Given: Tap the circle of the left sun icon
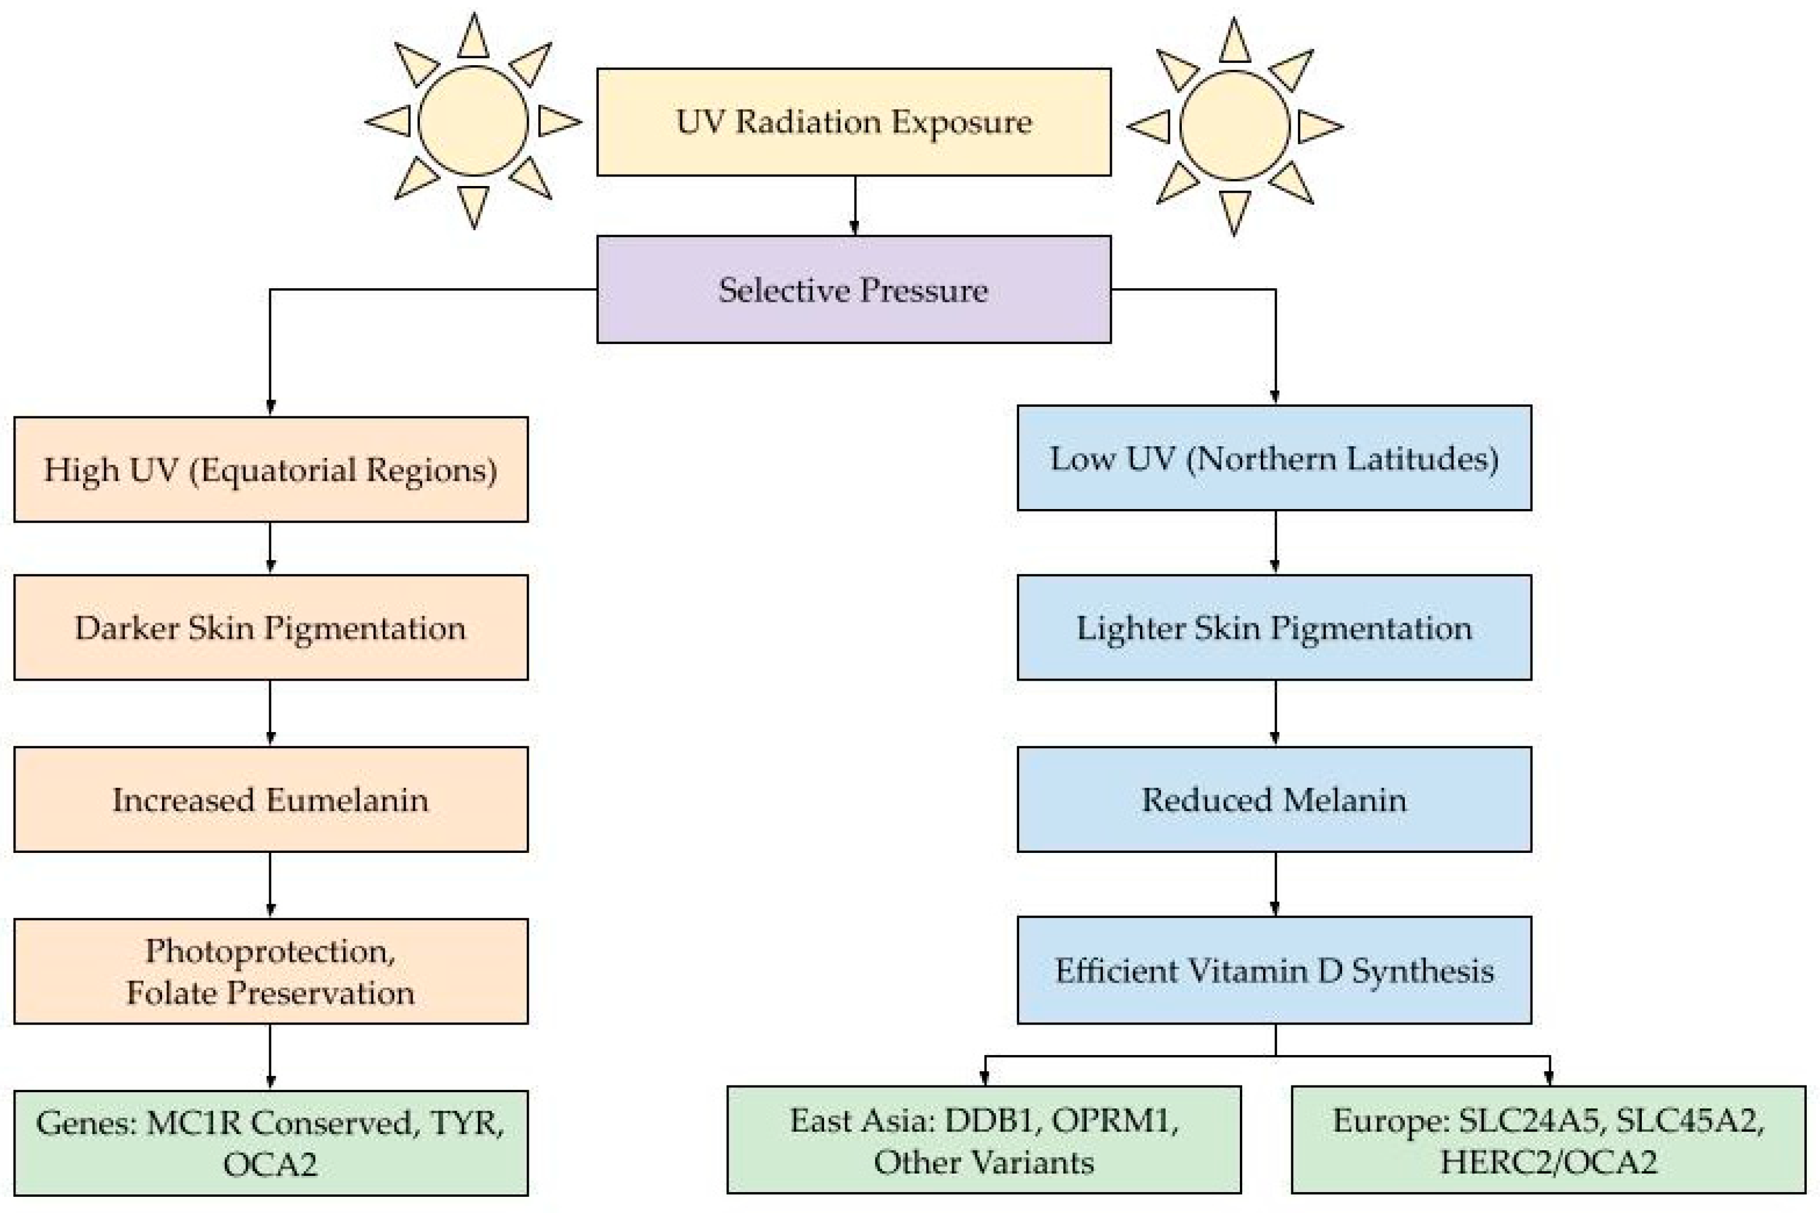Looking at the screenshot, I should pyautogui.click(x=472, y=121).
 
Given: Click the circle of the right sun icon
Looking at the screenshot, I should pyautogui.click(x=1234, y=126).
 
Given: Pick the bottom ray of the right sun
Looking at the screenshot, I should pyautogui.click(x=1234, y=211).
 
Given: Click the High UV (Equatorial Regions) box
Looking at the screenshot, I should pyautogui.click(x=271, y=470).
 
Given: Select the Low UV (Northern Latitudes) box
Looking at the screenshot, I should pyautogui.click(x=1273, y=458).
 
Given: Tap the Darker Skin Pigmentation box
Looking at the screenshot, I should pyautogui.click(x=271, y=627).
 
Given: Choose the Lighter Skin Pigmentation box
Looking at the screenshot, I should pyautogui.click(x=1273, y=627).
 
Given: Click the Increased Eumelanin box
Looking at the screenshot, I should pyautogui.click(x=271, y=799).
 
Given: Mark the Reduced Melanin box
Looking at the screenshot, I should pyautogui.click(x=1273, y=799).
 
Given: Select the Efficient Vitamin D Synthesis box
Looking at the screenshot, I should pyautogui.click(x=1273, y=970).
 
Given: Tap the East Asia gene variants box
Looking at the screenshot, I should pyautogui.click(x=983, y=1139).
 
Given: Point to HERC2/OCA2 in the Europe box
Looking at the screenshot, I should pyautogui.click(x=1548, y=1162).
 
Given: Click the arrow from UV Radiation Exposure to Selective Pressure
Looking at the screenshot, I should pyautogui.click(x=854, y=206).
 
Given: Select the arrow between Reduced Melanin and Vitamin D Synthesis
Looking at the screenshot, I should pyautogui.click(x=1275, y=884).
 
